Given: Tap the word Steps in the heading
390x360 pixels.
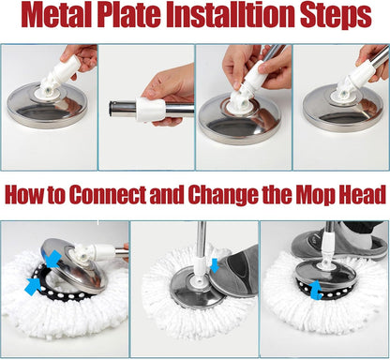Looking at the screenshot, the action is tap(336, 16).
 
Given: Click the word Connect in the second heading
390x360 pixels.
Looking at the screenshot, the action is tap(107, 195).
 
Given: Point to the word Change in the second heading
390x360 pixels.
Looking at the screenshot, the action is tap(223, 196).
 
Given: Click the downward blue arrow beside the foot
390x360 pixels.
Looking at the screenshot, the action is tap(215, 265).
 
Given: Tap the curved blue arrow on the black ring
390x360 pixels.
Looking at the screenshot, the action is tap(316, 291).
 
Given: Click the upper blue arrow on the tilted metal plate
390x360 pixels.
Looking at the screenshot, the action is tap(52, 258).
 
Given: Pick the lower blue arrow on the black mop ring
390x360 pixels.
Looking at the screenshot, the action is tap(34, 286).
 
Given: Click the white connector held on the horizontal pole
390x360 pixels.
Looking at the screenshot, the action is tap(151, 109).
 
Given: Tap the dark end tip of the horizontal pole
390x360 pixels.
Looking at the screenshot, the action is tap(112, 108).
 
